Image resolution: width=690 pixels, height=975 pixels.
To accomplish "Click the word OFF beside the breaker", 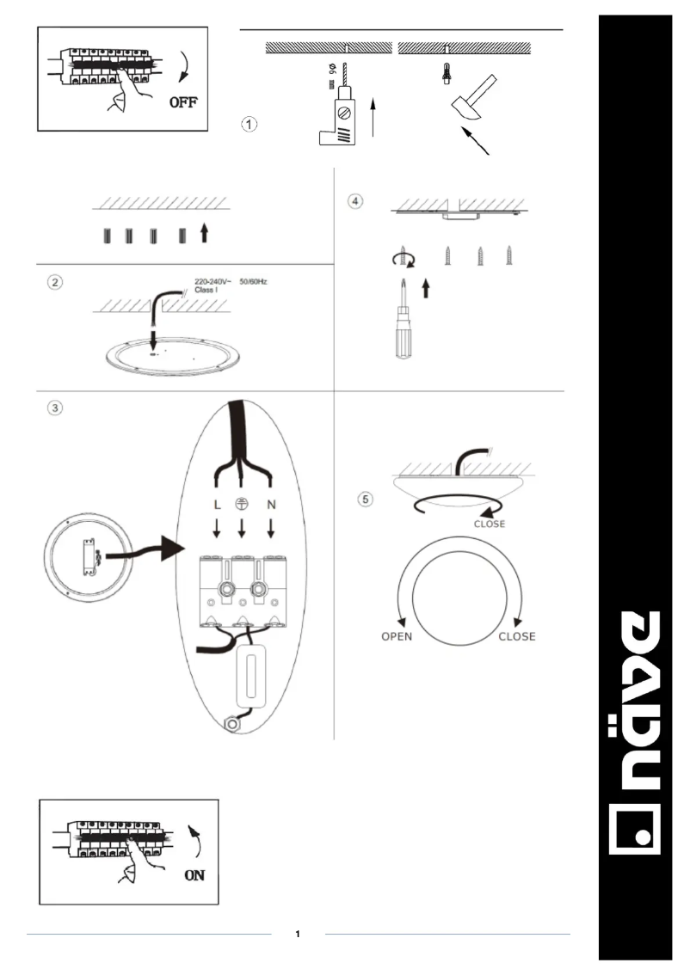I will [x=183, y=103].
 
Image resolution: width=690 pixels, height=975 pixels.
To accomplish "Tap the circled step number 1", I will [x=247, y=124].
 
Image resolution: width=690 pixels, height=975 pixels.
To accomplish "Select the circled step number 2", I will [x=55, y=283].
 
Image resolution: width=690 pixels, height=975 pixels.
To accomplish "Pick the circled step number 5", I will [x=367, y=498].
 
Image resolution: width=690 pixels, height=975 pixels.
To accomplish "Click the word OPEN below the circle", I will [x=397, y=637].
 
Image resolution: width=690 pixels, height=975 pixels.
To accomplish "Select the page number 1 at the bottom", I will [x=298, y=934].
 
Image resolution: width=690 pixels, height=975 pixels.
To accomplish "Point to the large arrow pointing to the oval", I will [x=155, y=552].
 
